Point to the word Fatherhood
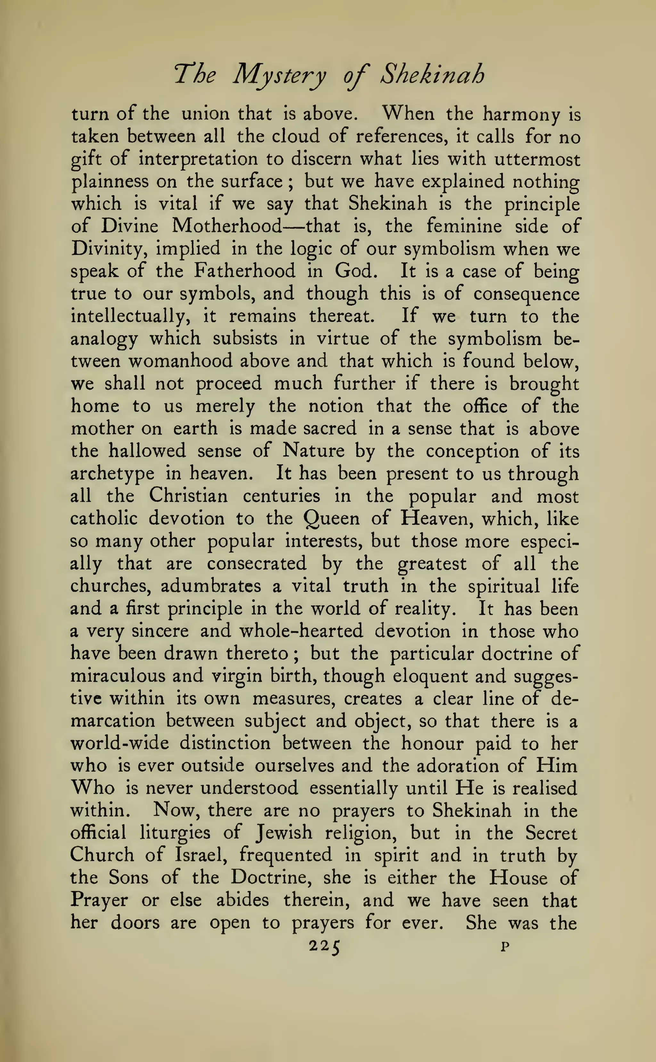point(244,271)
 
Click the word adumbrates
point(211,586)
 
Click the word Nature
point(313,451)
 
